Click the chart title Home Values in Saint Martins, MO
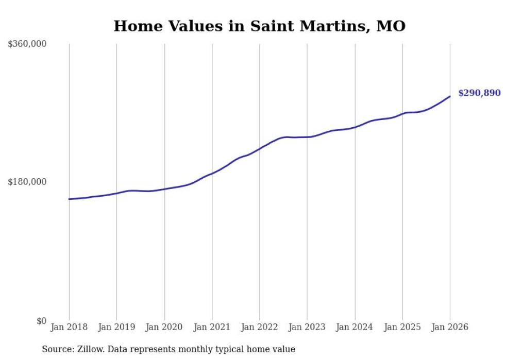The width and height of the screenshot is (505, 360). click(259, 26)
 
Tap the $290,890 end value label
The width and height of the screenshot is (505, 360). click(479, 93)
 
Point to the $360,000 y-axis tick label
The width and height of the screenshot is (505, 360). click(27, 44)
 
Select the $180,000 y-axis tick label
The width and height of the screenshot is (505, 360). click(27, 182)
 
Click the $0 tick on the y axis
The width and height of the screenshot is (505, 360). click(41, 321)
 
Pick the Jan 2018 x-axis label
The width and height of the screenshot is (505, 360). click(69, 327)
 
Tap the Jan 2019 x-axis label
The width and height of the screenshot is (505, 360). click(116, 327)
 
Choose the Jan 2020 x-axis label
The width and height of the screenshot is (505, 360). click(164, 327)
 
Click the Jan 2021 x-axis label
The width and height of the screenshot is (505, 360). click(212, 327)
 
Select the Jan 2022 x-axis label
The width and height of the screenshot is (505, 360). click(260, 327)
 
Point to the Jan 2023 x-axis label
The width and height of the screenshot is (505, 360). click(307, 327)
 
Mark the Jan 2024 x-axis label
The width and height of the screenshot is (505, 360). click(355, 327)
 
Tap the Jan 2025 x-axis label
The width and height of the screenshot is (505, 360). click(402, 327)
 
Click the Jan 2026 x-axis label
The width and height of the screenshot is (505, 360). click(450, 327)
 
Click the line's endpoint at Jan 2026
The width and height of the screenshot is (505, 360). click(450, 96)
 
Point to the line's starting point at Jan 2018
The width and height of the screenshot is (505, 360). click(69, 199)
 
